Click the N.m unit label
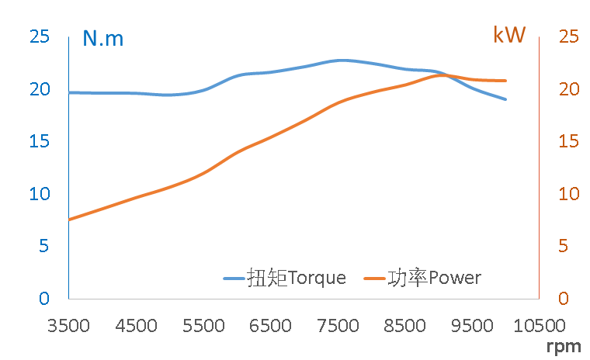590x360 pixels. pyautogui.click(x=103, y=37)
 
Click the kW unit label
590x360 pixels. pyautogui.click(x=509, y=35)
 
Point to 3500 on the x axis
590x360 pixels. pyautogui.click(x=69, y=325)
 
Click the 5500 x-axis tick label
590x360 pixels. pyautogui.click(x=203, y=325)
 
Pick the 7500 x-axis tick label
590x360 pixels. pyautogui.click(x=338, y=325)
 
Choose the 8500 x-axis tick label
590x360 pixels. pyautogui.click(x=404, y=325)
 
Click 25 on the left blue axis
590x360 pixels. pyautogui.click(x=40, y=36)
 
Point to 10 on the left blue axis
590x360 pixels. pyautogui.click(x=40, y=193)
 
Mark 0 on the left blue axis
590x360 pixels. pyautogui.click(x=44, y=298)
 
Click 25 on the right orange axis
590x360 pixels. pyautogui.click(x=568, y=36)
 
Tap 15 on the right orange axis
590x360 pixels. pyautogui.click(x=568, y=141)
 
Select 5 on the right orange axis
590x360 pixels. pyautogui.click(x=564, y=246)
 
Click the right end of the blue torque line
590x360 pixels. pyautogui.click(x=506, y=99)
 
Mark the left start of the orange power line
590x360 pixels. pyautogui.click(x=70, y=220)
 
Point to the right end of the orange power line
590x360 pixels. pyautogui.click(x=506, y=81)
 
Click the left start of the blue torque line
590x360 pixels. pyautogui.click(x=70, y=92)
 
